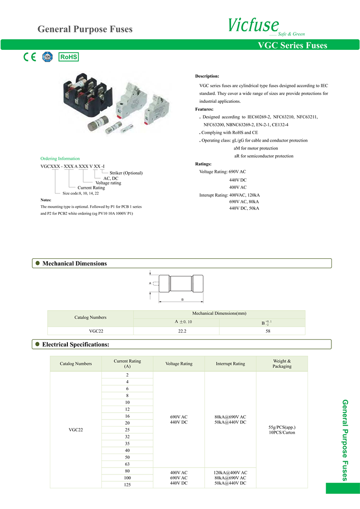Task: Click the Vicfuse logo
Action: pos(253,25)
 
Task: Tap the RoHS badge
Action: pos(68,57)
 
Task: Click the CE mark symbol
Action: pos(30,57)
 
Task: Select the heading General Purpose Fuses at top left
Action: pos(85,29)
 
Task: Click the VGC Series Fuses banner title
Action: pos(292,46)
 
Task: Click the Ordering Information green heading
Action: pos(60,159)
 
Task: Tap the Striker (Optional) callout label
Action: pos(126,173)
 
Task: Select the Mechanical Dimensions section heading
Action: pos(74,264)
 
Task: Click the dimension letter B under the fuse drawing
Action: pos(182,300)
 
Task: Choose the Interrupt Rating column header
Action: pos(230,364)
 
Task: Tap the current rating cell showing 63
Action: pos(127,464)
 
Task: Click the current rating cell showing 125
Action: pos(127,485)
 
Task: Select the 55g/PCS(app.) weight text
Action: pos(282,427)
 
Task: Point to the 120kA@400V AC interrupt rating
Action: pos(230,472)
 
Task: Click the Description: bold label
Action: pos(207,76)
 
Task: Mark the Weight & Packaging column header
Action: pos(282,364)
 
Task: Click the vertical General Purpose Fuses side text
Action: pos(345,440)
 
